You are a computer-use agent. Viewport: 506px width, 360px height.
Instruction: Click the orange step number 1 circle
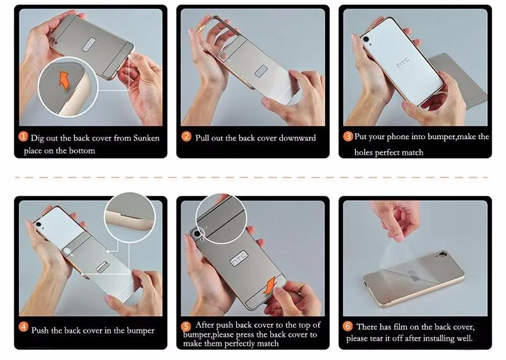[23, 137]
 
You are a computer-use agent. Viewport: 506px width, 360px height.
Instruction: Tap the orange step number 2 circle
[186, 137]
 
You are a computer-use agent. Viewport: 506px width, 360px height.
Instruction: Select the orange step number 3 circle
[348, 136]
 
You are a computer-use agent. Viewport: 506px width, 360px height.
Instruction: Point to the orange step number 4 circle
[23, 327]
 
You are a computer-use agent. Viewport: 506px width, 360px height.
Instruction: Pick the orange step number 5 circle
[186, 326]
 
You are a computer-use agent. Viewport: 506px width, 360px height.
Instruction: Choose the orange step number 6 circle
[347, 326]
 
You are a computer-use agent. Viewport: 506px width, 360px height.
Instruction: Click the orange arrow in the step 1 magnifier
[64, 80]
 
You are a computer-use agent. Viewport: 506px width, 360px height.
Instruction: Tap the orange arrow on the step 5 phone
[270, 285]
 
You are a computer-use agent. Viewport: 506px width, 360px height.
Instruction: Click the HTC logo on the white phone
[403, 62]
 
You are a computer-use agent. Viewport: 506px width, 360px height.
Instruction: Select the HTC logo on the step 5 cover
[239, 258]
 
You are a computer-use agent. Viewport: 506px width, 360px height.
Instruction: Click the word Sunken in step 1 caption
[146, 138]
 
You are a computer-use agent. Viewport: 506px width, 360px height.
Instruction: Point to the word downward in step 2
[297, 138]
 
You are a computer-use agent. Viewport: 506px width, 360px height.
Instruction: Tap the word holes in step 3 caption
[364, 152]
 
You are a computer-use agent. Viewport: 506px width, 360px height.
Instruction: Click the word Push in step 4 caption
[40, 330]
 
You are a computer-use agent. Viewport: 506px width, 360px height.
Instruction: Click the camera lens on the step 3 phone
[366, 39]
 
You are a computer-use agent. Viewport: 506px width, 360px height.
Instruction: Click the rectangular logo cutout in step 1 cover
[89, 45]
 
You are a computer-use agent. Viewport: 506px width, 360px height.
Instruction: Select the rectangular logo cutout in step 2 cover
[261, 71]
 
